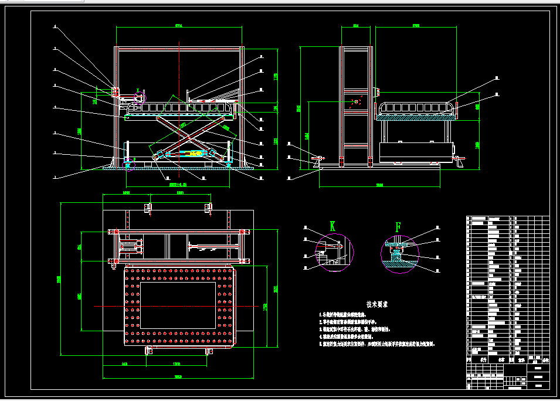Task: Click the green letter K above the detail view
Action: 332,226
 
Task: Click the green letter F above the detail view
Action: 399,226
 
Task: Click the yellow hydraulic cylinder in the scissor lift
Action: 191,154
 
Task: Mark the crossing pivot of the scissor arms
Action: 189,137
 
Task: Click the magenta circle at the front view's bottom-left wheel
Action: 129,162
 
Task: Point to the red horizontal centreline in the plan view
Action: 176,307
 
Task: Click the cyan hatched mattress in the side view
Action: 417,118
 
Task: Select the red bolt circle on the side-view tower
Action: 357,101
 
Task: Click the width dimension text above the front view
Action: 179,25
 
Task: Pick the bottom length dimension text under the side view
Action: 380,186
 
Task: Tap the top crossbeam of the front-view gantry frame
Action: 179,47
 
